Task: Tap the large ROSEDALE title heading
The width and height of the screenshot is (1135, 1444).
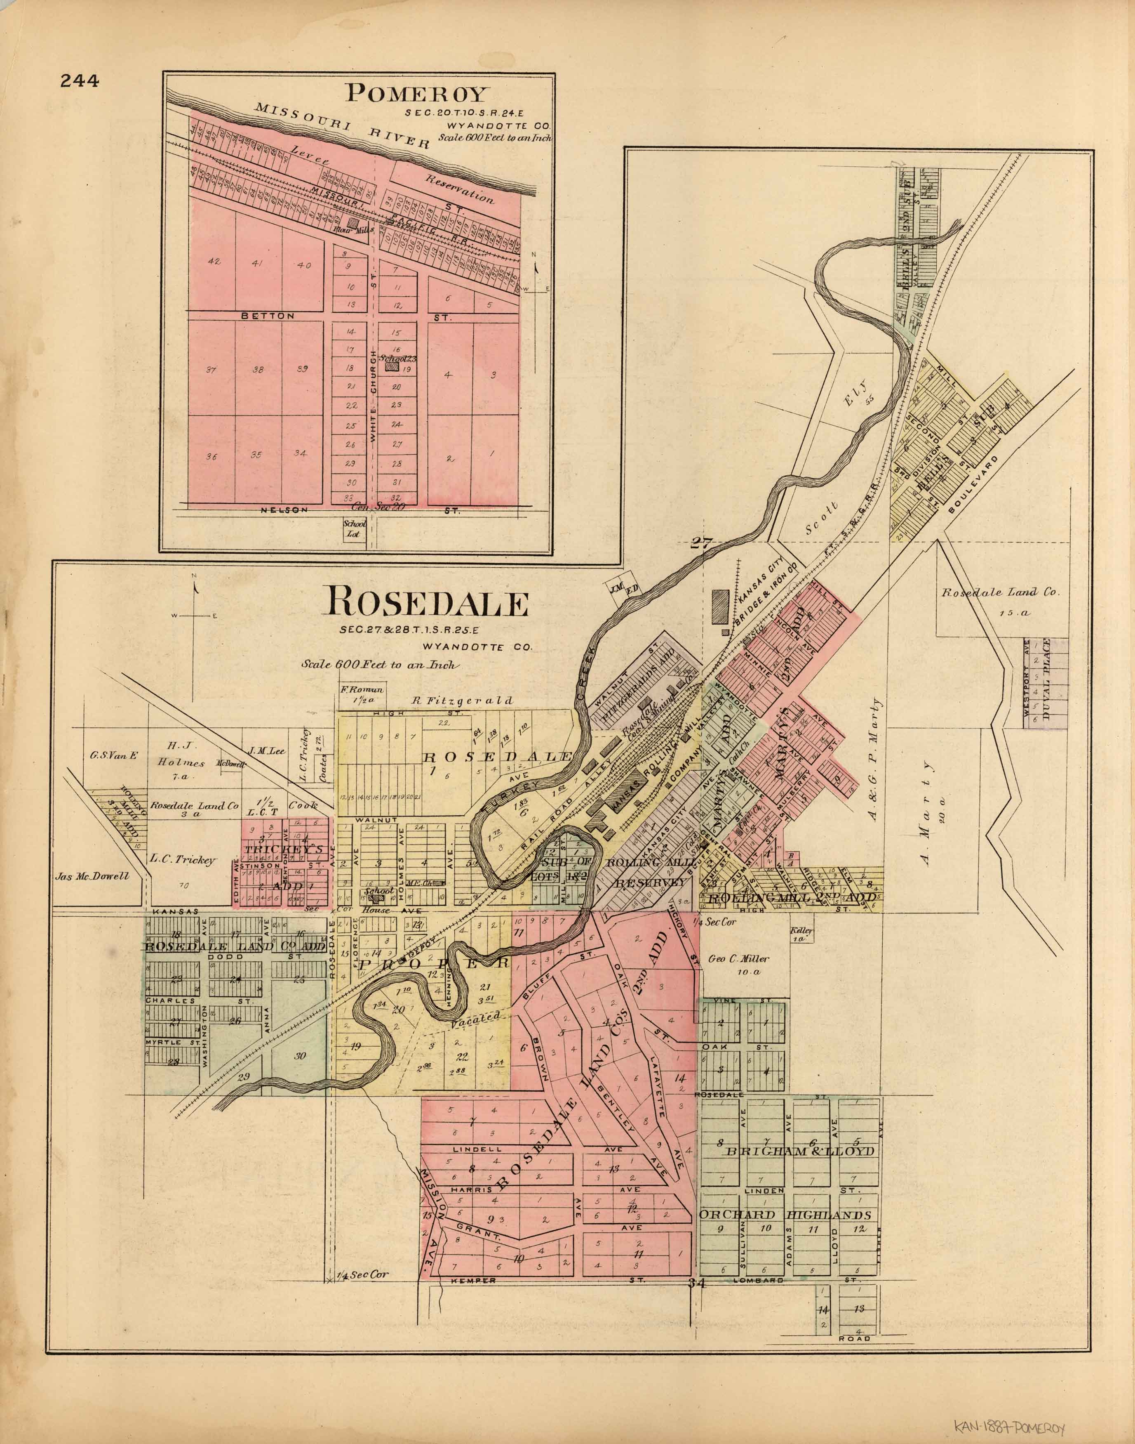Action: [425, 604]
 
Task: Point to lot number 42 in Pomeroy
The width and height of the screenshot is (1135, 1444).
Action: [214, 261]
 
